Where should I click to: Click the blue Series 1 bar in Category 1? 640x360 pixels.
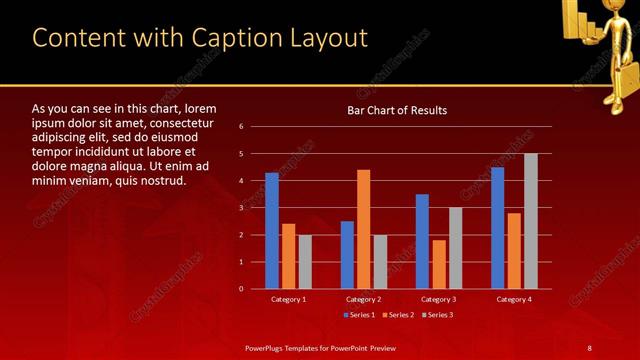272,231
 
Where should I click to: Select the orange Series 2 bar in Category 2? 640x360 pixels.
363,229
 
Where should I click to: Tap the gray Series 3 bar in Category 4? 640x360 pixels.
531,221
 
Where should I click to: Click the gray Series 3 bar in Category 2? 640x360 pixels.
380,262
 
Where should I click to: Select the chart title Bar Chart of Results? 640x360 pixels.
397,110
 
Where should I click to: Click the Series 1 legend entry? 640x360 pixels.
360,315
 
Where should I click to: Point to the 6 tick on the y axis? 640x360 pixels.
242,127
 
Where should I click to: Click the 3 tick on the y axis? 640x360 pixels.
242,208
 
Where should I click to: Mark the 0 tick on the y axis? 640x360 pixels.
242,289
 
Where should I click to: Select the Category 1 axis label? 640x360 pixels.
289,299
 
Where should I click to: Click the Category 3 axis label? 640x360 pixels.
439,299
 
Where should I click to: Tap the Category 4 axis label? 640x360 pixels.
514,299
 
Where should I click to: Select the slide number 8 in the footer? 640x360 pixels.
590,347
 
